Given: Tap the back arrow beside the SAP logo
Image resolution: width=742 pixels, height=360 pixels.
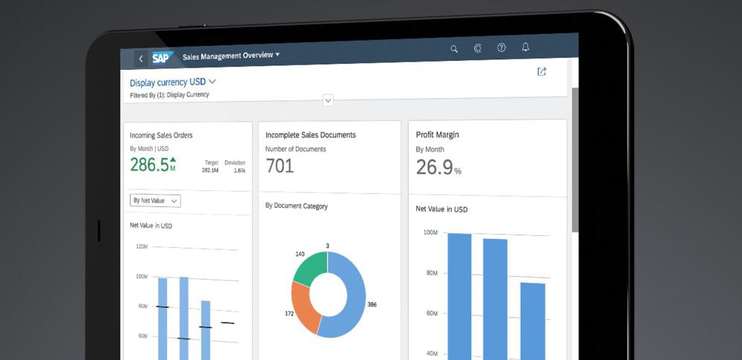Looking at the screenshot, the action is coord(140,59).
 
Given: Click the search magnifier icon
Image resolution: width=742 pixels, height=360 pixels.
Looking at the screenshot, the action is coord(454,49).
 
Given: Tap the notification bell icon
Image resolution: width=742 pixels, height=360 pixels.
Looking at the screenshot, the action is coord(525,47).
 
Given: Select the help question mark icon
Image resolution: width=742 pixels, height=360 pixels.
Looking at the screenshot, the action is coord(502,48).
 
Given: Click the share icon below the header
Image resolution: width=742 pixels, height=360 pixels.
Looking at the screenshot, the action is coord(542,71).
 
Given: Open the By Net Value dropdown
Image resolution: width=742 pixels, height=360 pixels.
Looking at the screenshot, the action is coord(155,201).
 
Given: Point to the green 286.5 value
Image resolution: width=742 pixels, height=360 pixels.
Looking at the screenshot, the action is coord(150,164).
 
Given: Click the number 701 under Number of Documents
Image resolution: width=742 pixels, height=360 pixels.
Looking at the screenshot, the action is coord(280,166).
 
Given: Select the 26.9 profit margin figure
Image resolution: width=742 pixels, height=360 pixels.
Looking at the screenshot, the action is coord(434,167).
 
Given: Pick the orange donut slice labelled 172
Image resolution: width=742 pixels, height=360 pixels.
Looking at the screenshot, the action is coord(302,307).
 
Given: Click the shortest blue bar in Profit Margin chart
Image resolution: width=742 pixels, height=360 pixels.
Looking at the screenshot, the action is coord(533,321).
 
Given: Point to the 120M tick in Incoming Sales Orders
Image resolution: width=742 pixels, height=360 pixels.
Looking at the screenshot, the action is coord(142,246).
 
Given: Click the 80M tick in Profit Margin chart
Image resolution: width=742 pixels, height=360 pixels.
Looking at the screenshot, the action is coord(431,273).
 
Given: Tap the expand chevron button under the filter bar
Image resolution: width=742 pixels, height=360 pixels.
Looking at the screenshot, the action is coord(328,100).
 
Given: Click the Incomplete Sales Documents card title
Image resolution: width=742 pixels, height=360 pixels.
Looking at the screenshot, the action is coord(310,135).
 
